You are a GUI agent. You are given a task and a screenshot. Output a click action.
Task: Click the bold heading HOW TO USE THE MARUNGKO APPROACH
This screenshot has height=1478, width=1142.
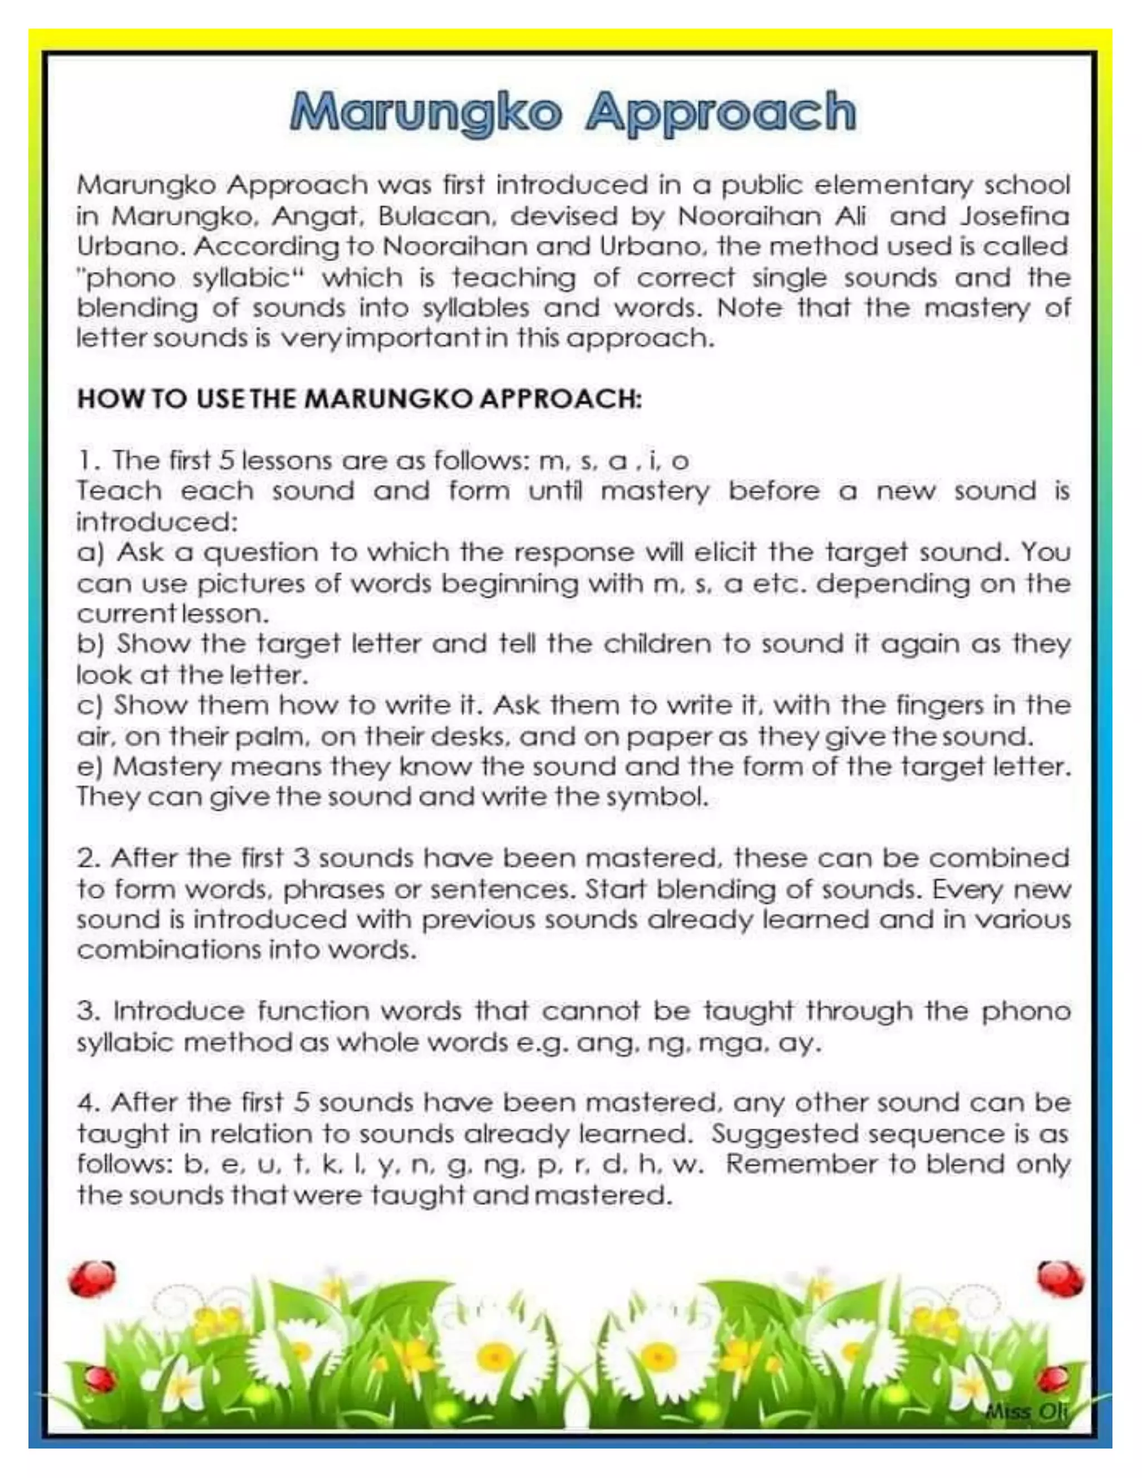pos(359,399)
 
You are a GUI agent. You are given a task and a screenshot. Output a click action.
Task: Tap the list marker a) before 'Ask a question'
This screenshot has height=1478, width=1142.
pos(90,553)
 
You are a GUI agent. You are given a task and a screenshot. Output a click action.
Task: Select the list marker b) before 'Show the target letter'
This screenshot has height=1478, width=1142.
pos(90,644)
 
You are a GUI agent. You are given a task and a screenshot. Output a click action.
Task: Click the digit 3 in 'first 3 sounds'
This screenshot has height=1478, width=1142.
pos(302,859)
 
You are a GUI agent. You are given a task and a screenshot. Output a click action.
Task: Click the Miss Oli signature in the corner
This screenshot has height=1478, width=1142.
pos(1027,1412)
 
